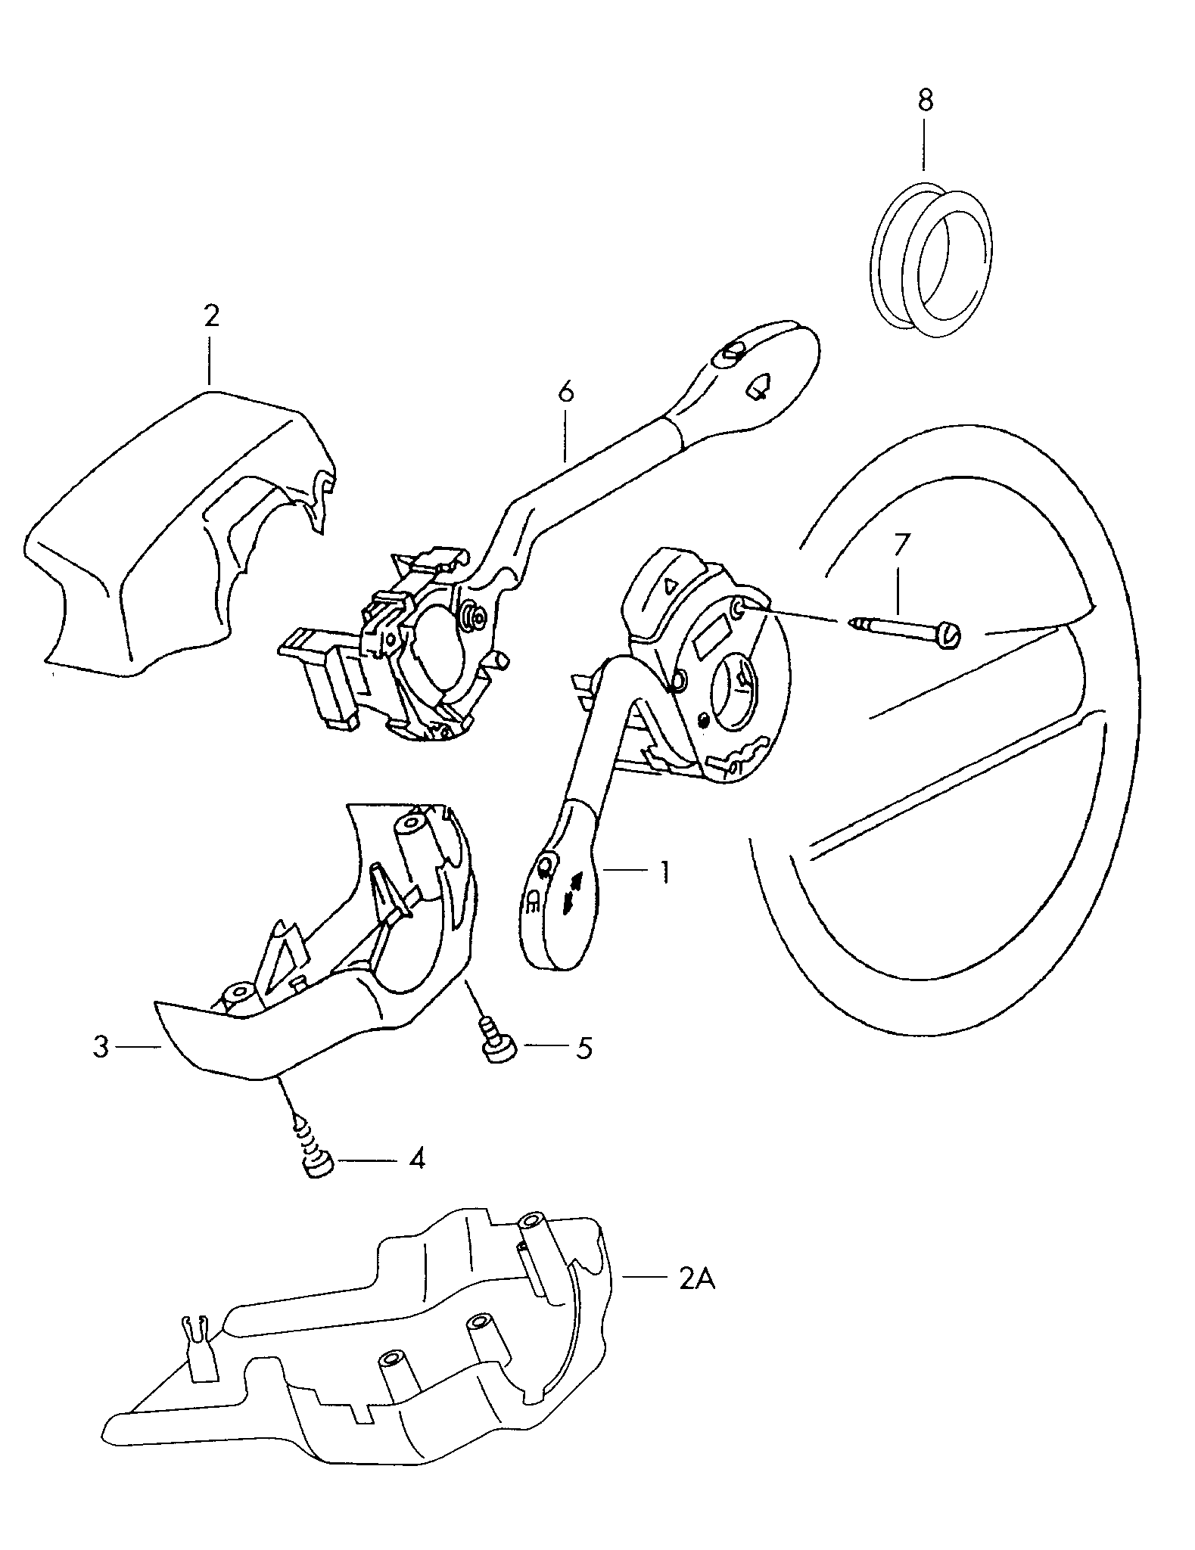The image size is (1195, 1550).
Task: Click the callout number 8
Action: pyautogui.click(x=925, y=101)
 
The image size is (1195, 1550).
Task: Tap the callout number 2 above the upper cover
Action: pyautogui.click(x=211, y=315)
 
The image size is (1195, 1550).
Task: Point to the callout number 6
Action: pyautogui.click(x=565, y=392)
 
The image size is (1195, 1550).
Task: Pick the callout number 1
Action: pyautogui.click(x=664, y=872)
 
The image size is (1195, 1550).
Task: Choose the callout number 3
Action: pyautogui.click(x=101, y=1048)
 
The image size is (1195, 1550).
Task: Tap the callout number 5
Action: pyautogui.click(x=583, y=1048)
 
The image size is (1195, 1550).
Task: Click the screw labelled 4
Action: pyautogui.click(x=316, y=1164)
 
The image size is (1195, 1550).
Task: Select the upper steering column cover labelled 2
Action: pyautogui.click(x=174, y=530)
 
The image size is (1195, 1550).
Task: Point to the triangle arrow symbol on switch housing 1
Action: pyautogui.click(x=669, y=584)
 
